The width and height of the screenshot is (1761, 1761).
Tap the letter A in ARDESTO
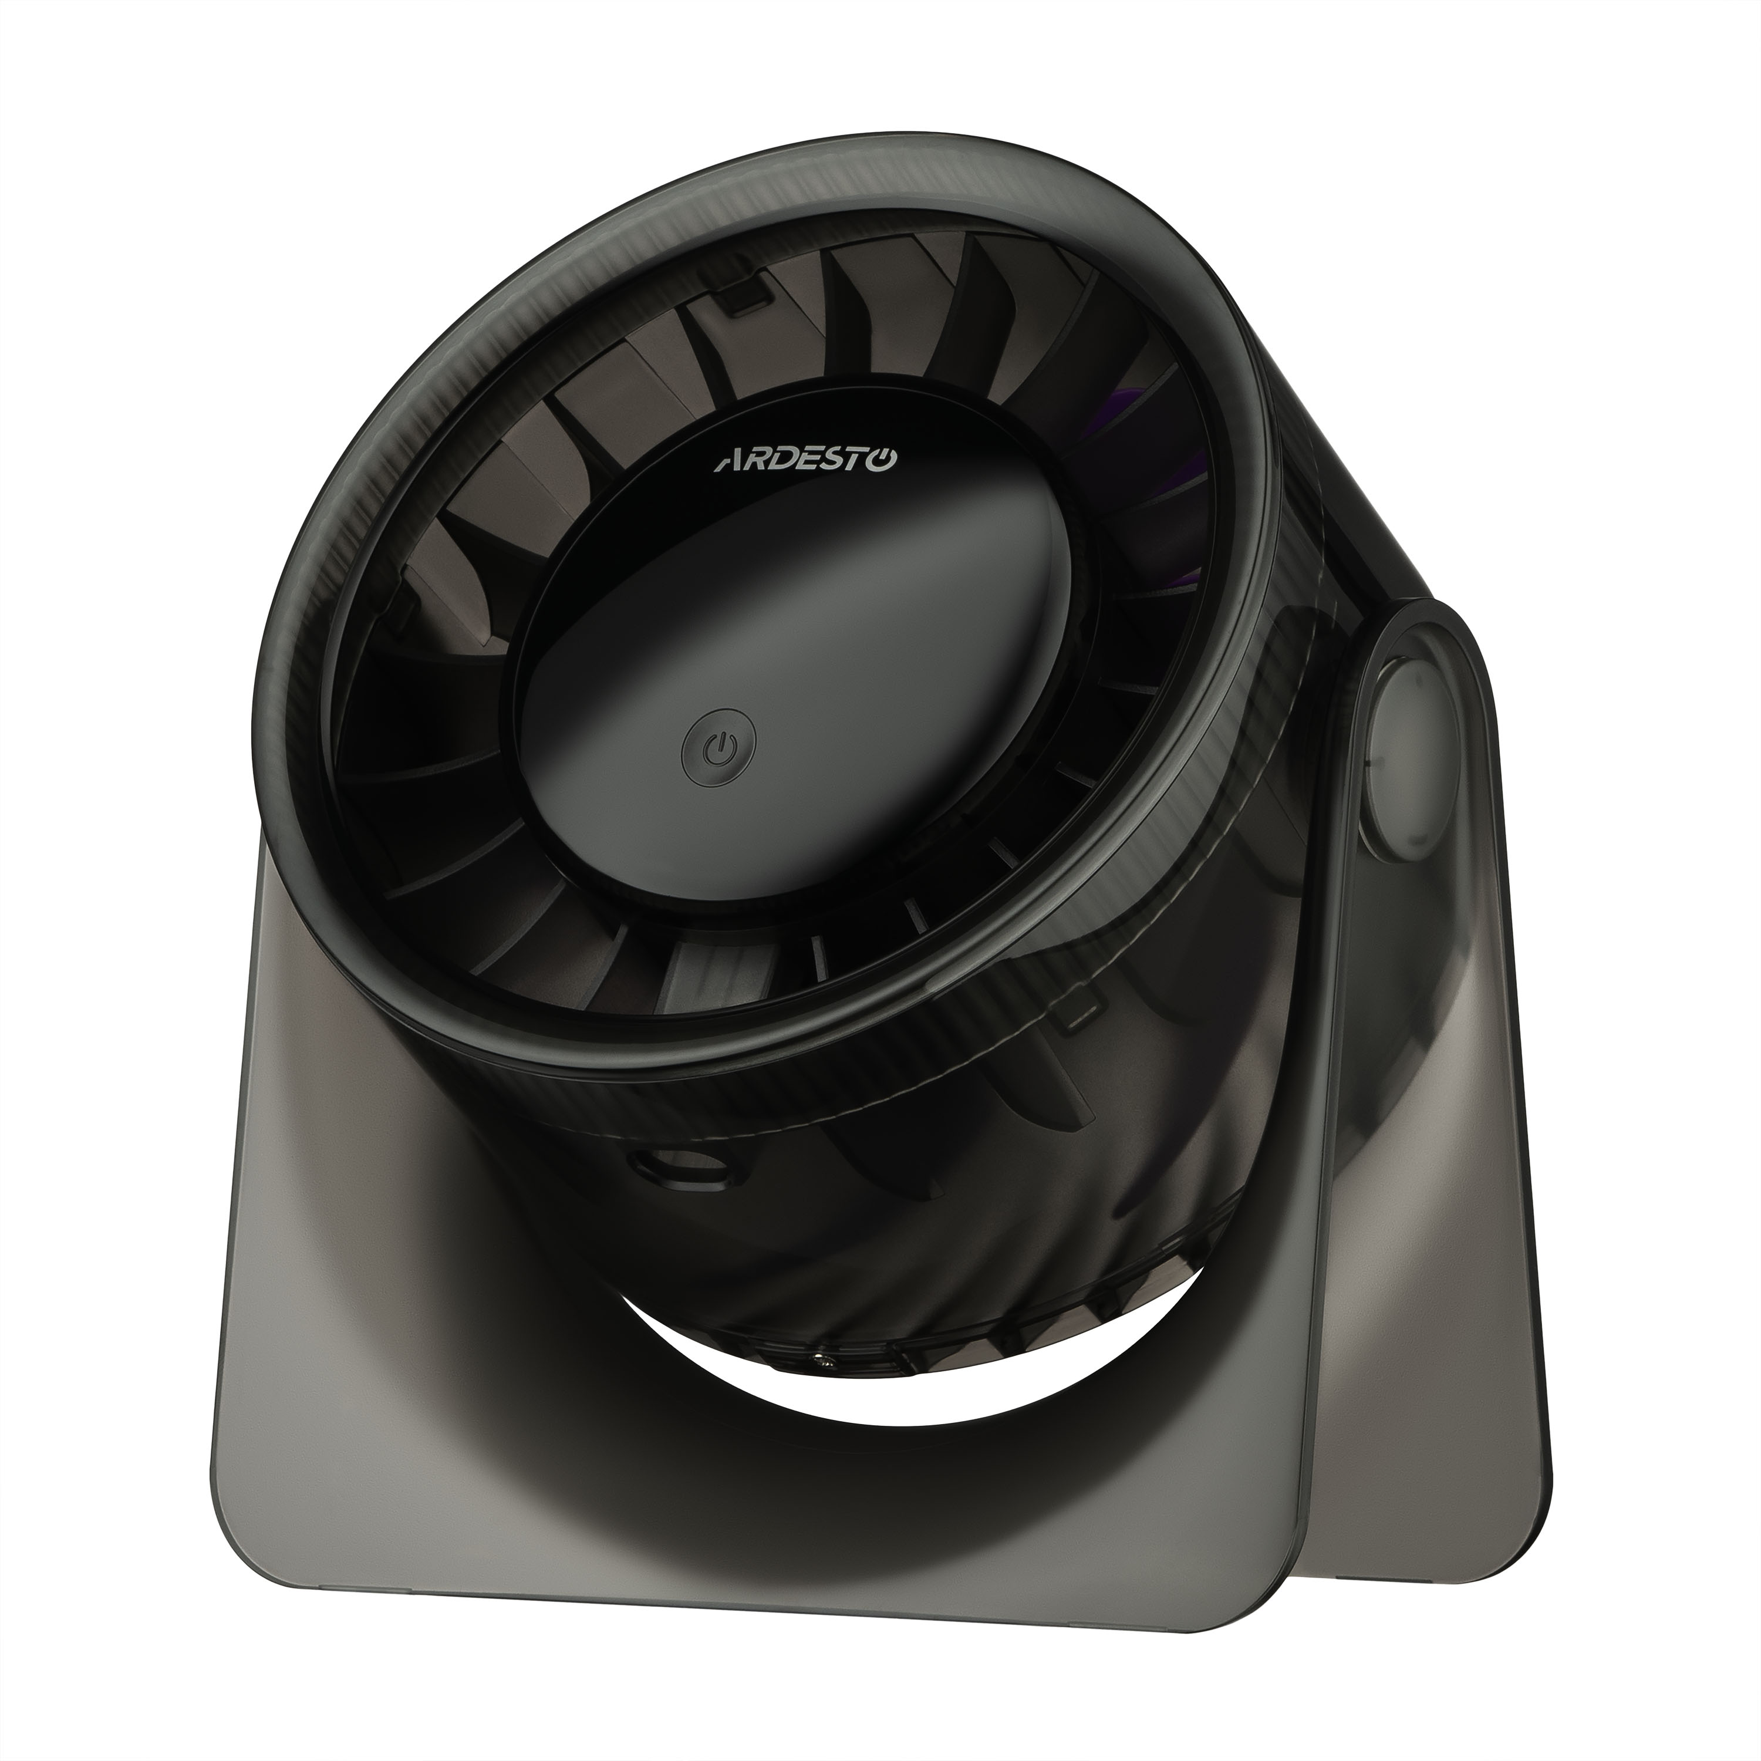(x=727, y=464)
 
